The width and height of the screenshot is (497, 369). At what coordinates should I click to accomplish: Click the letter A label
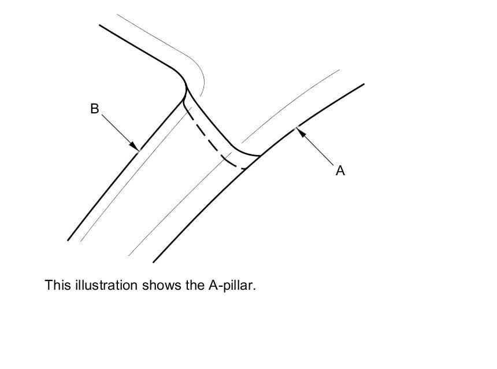pos(340,171)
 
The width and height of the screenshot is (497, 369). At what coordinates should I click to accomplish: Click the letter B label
pos(95,108)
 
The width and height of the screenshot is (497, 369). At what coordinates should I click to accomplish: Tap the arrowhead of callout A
pos(300,131)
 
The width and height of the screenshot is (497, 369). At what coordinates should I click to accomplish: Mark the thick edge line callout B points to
pos(104,194)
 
